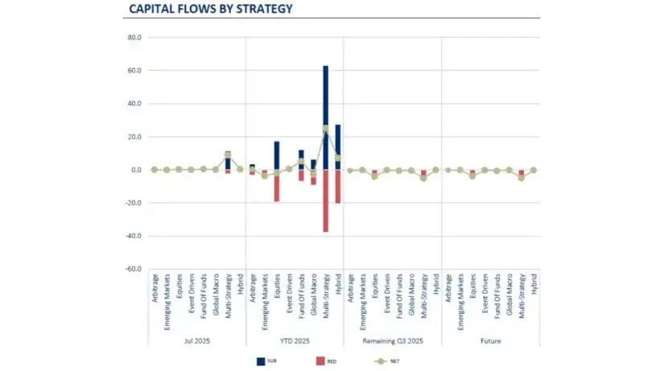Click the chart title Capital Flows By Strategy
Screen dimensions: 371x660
tap(210, 10)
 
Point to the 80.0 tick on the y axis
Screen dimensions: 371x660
tap(135, 38)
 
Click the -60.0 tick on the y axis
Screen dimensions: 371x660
tap(134, 269)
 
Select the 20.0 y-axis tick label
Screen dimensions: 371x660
tap(135, 137)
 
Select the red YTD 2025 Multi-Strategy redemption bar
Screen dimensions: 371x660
tap(325, 201)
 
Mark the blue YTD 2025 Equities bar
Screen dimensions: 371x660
tap(276, 153)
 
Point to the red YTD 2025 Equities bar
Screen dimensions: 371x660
tap(276, 186)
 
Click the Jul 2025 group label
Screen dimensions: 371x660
tap(196, 340)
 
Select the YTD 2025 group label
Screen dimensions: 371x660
tap(295, 340)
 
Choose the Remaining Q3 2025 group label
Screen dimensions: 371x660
tap(392, 340)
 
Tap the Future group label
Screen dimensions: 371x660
tap(490, 340)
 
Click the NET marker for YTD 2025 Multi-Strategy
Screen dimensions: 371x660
tap(325, 129)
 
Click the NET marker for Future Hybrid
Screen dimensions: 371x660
tap(533, 170)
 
